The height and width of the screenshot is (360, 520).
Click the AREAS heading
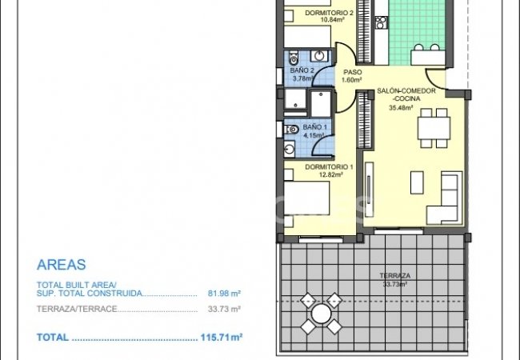coord(62,265)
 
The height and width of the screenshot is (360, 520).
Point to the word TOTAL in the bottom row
coord(52,338)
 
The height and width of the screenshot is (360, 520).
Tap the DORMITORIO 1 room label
coord(328,166)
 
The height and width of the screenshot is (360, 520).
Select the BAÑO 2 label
coord(302,70)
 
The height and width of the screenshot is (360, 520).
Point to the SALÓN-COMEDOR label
coord(406,91)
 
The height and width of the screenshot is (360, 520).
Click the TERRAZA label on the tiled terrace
coord(394,276)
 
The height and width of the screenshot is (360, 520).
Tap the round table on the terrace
coord(320,314)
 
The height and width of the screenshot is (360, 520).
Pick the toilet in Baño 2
coord(294,58)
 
